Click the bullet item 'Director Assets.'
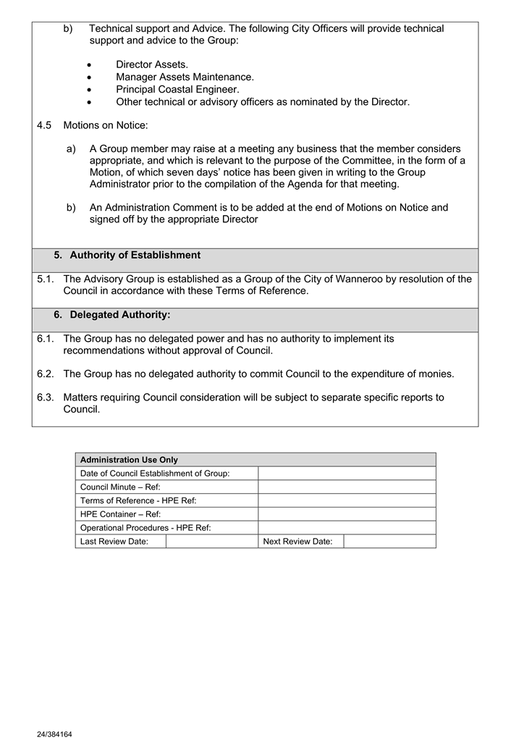pos(151,64)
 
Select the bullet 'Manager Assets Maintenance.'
pos(185,77)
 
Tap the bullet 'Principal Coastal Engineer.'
pos(177,89)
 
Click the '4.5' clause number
pos(44,125)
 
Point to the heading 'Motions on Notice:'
pos(106,125)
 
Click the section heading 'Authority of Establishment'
pos(135,256)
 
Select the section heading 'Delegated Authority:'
pos(120,315)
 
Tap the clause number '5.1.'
pos(46,279)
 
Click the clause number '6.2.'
pos(46,374)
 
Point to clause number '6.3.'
pos(46,398)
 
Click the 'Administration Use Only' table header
pos(129,460)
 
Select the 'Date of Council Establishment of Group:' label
pos(155,474)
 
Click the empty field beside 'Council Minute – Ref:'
pos(347,487)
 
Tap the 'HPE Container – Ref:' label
pos(120,514)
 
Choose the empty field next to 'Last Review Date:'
pos(211,542)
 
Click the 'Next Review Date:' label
pos(297,542)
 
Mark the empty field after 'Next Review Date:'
pos(389,542)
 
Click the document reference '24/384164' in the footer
pos(54,734)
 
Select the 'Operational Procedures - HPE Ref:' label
pos(145,528)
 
